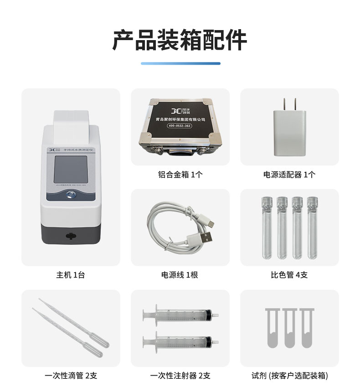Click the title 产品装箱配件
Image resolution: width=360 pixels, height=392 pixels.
tap(180, 40)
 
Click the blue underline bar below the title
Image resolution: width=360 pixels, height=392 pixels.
tap(180, 63)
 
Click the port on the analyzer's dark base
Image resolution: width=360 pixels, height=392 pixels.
tap(70, 236)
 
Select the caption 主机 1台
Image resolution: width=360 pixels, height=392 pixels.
tap(70, 275)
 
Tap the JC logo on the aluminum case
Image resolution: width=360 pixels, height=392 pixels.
tap(175, 111)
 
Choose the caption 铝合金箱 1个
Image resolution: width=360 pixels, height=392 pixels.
tap(180, 174)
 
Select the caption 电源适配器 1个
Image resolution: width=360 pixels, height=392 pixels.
tap(289, 174)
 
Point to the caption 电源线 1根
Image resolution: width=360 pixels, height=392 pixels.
tap(180, 275)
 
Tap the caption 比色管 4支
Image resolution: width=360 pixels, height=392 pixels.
tap(289, 275)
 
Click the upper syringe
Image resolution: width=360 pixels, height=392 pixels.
tap(180, 314)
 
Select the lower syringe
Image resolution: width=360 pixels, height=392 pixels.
tap(180, 340)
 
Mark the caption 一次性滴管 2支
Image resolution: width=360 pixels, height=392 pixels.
tap(71, 376)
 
